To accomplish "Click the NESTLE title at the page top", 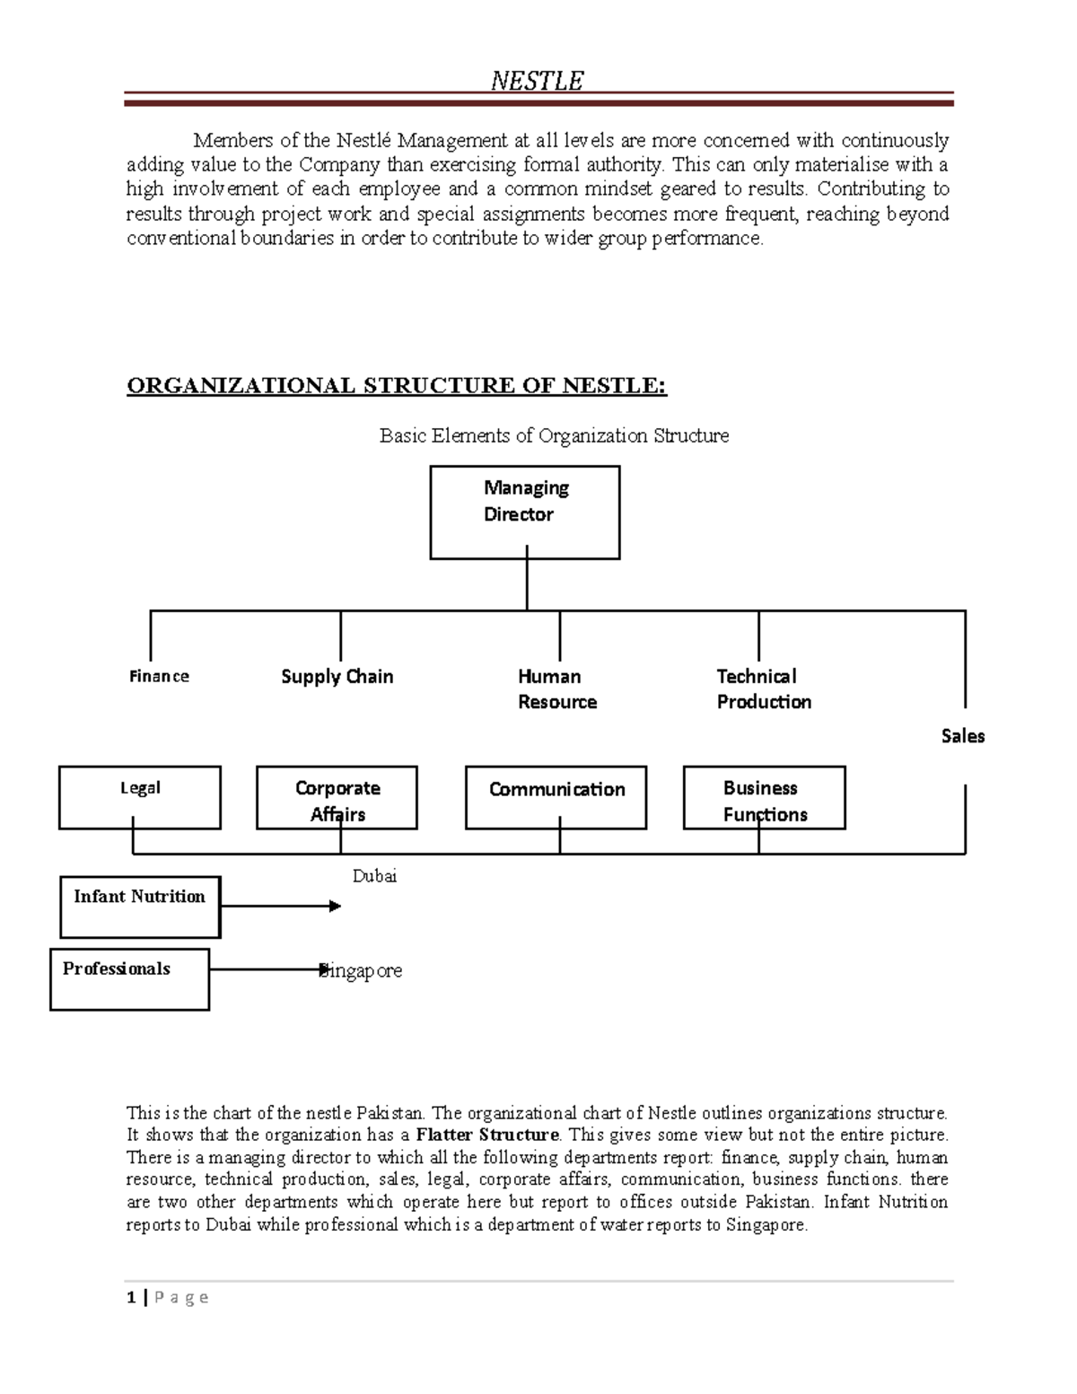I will click(537, 81).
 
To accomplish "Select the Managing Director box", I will click(525, 513).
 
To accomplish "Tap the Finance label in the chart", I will click(159, 677).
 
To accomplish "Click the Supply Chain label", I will click(337, 677).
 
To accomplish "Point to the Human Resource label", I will click(556, 689).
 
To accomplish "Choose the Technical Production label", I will click(763, 689).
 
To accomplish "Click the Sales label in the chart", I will click(962, 736).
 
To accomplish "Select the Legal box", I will click(140, 797).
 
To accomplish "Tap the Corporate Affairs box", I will click(337, 797).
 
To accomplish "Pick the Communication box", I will click(556, 797).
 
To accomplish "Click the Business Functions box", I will click(764, 797).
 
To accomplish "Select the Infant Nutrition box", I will click(140, 907).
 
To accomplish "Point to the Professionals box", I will click(129, 978).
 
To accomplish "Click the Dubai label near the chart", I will click(374, 876).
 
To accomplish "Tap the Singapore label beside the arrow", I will click(363, 971).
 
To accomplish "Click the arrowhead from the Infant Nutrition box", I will click(335, 907).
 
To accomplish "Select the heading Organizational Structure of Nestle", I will click(397, 386).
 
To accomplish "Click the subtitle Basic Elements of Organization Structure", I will click(554, 436).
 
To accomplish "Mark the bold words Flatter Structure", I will click(487, 1135).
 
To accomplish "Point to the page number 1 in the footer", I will click(131, 1297).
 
